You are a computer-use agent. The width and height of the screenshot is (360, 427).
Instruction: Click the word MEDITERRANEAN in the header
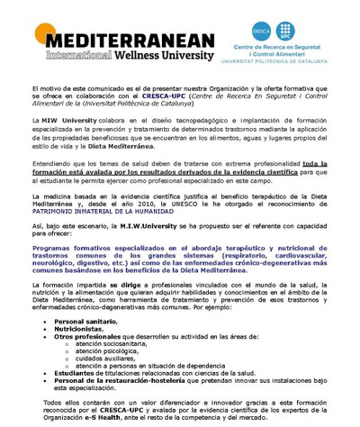click(x=126, y=41)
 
